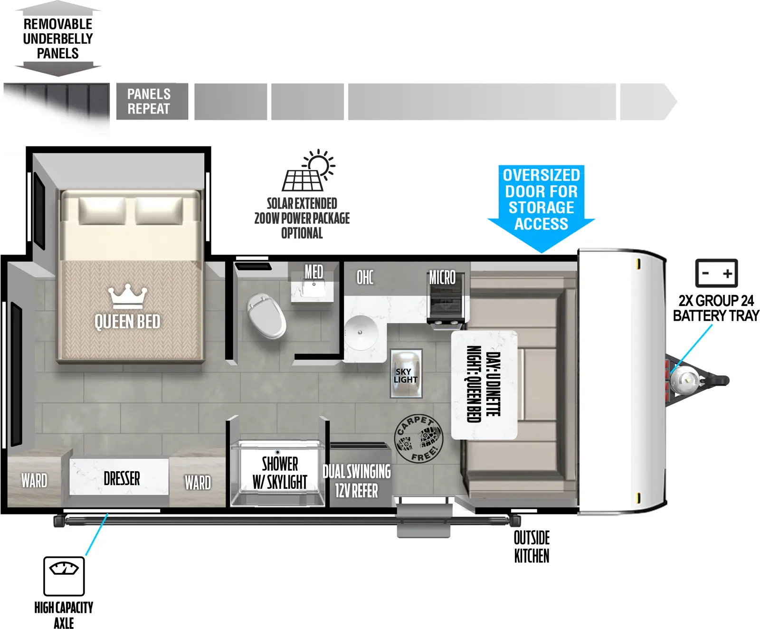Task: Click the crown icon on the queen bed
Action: pyautogui.click(x=127, y=296)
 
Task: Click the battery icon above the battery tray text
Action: pyautogui.click(x=716, y=273)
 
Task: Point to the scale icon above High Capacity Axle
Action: pyautogui.click(x=64, y=576)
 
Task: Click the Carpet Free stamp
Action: pyautogui.click(x=418, y=438)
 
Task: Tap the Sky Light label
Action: pyautogui.click(x=405, y=376)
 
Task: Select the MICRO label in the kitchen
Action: pyautogui.click(x=442, y=277)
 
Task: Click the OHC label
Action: pyautogui.click(x=365, y=277)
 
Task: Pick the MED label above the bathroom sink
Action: pyautogui.click(x=313, y=272)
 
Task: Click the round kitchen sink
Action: pyautogui.click(x=361, y=332)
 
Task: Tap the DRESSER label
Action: pyautogui.click(x=122, y=478)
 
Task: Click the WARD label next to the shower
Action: pyautogui.click(x=198, y=483)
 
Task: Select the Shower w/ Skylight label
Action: pyautogui.click(x=280, y=473)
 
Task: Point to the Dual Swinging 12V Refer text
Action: pyautogui.click(x=356, y=481)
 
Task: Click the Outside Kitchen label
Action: pyautogui.click(x=532, y=547)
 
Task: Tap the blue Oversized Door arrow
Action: pyautogui.click(x=541, y=204)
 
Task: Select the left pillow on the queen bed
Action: pyautogui.click(x=102, y=210)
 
